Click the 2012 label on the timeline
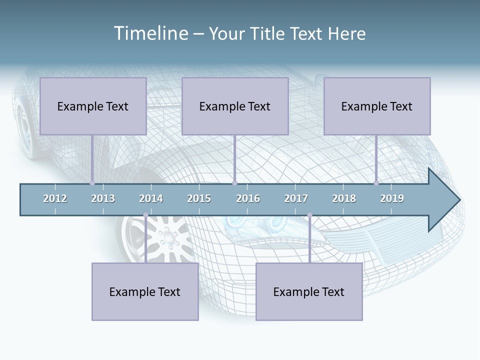point(55,198)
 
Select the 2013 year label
point(103,198)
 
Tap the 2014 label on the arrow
point(151,198)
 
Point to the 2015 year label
point(199,198)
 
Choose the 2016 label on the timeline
point(248,198)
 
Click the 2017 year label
point(296,198)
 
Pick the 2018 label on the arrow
point(344,198)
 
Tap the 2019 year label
point(392,198)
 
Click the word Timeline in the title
point(150,33)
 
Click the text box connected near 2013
point(93,106)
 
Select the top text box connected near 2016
point(235,106)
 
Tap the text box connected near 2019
point(377,106)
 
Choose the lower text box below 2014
point(145,291)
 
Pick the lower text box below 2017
point(309,291)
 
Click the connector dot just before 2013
point(92,183)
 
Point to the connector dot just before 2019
point(376,183)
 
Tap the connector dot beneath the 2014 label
point(145,215)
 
